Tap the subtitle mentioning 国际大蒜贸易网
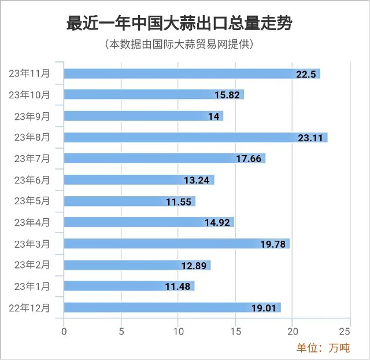click(179, 45)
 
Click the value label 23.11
click(311, 138)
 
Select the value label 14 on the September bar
click(214, 116)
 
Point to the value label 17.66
click(249, 159)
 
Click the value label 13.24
click(198, 180)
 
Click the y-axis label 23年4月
click(32, 222)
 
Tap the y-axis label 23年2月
click(32, 265)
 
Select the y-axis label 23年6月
click(32, 180)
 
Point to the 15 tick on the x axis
click(235, 332)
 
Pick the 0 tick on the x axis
click(64, 332)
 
